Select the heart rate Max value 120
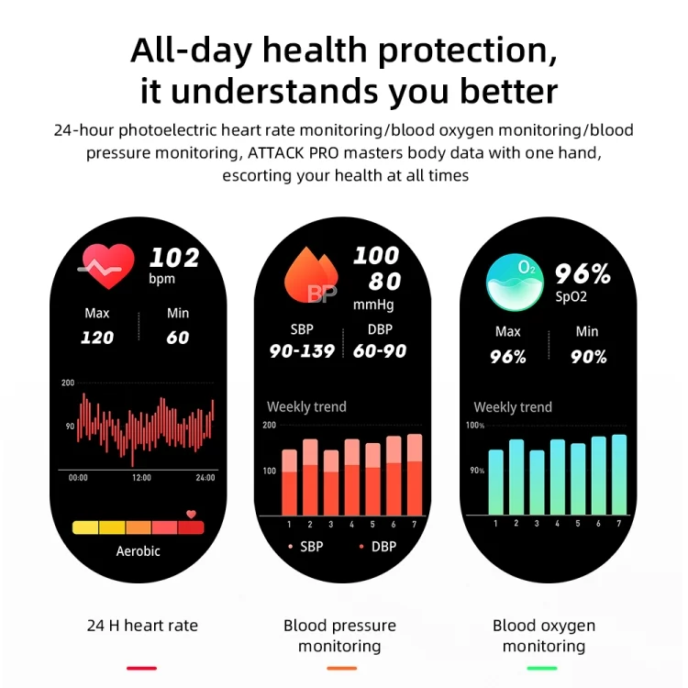(97, 338)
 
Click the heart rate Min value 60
(178, 338)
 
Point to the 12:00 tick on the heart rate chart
(141, 478)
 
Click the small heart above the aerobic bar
(191, 515)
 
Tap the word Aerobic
(139, 551)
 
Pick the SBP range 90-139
(302, 351)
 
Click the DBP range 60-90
(379, 351)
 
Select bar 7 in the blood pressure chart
(414, 474)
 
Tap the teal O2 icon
(515, 282)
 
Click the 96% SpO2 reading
(582, 273)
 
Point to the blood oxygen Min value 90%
(588, 358)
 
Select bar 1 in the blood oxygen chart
(496, 482)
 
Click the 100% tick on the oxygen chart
(475, 426)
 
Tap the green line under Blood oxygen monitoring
(543, 668)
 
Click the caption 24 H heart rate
(142, 626)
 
